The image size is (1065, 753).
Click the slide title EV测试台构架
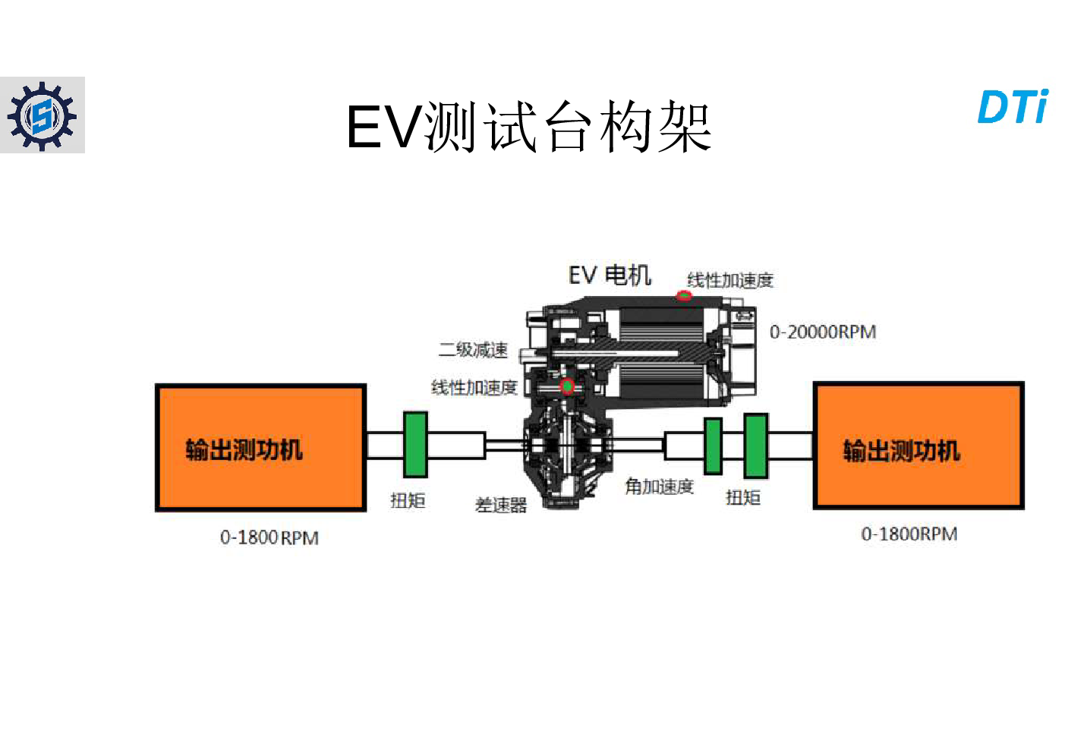[528, 127]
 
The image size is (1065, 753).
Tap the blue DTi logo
[1013, 106]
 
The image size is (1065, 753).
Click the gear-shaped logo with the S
[43, 115]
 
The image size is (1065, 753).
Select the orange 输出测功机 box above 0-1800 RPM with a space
[260, 447]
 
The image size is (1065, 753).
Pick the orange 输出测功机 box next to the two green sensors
[918, 446]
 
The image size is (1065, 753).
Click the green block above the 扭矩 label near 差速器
[415, 445]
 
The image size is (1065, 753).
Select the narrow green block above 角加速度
[713, 446]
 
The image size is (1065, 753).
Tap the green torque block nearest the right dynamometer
[755, 446]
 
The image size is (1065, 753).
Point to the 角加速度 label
[659, 487]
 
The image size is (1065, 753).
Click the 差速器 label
[501, 505]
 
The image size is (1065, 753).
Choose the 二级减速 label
[473, 350]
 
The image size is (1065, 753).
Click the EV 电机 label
[610, 276]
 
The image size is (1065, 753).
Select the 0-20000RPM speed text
[823, 332]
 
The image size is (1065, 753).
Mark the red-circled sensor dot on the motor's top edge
[684, 295]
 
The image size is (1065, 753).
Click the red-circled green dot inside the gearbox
[567, 386]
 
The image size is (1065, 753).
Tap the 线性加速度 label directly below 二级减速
[474, 387]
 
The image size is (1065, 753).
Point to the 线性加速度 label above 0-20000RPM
[730, 280]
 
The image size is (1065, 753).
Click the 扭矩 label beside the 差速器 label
[408, 500]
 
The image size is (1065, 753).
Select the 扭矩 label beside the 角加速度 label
[743, 498]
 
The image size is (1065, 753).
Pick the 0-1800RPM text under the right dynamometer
[909, 534]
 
